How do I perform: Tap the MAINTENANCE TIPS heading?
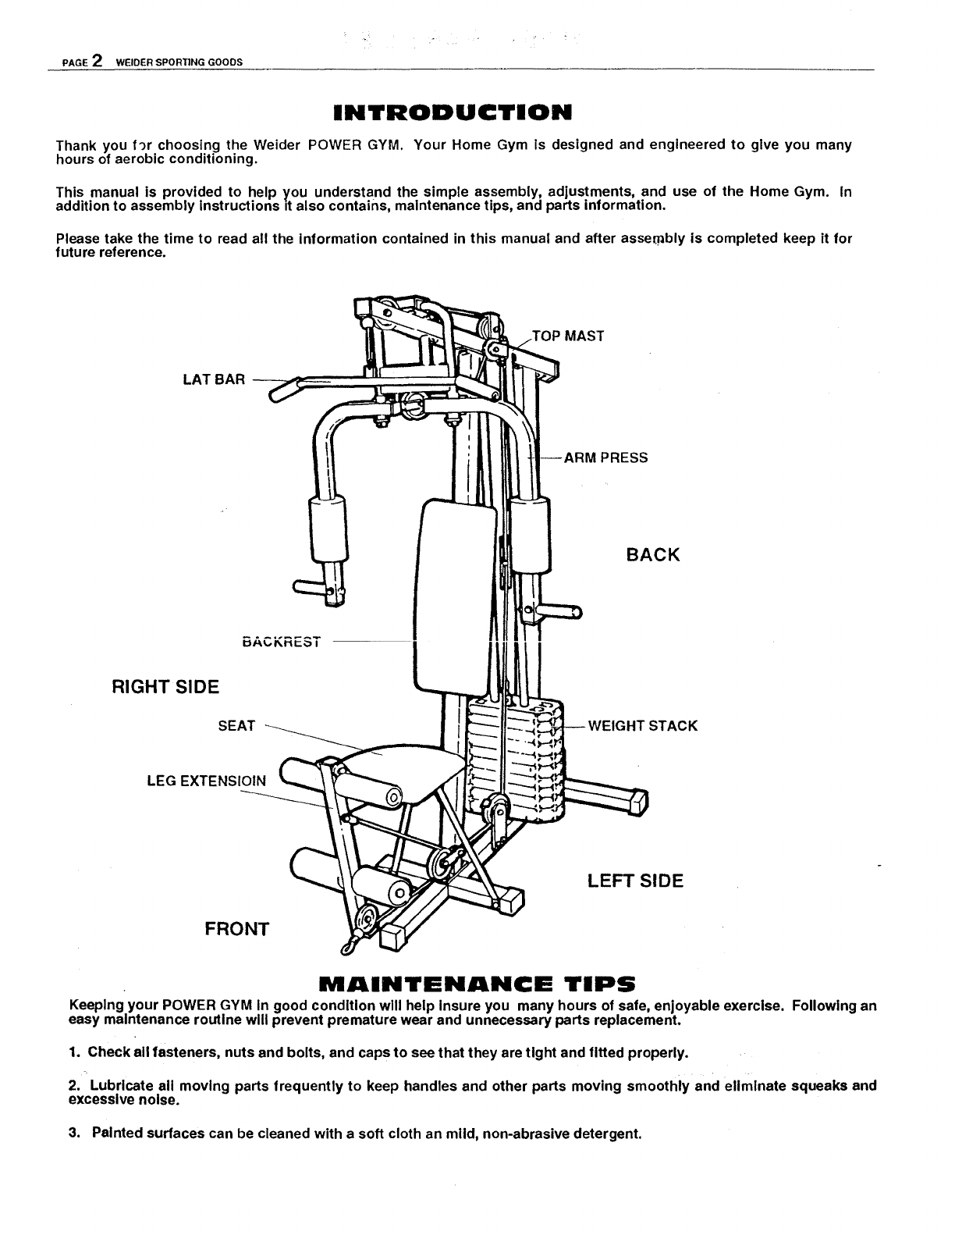[x=477, y=983]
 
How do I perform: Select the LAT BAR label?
[x=213, y=380]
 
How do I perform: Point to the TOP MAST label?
[x=568, y=336]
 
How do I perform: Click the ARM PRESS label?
[x=605, y=457]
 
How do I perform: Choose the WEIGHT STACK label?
[x=642, y=726]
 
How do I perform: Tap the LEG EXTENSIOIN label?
[x=206, y=781]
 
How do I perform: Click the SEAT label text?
[x=236, y=726]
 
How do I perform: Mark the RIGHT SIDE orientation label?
[x=166, y=687]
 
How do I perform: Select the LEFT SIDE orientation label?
[x=635, y=881]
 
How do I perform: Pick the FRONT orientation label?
[x=236, y=929]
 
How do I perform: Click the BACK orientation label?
[x=653, y=555]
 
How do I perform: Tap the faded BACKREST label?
[x=282, y=642]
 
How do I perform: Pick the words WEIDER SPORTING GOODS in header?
[x=179, y=62]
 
